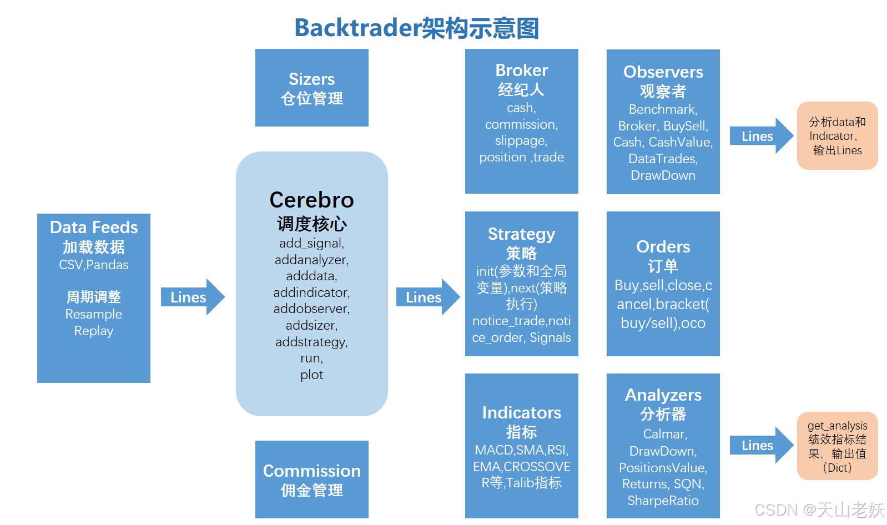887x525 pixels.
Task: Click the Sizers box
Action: coord(311,88)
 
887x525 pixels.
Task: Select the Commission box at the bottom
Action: coord(311,479)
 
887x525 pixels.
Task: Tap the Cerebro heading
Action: coord(311,200)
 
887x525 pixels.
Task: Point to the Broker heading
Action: coord(521,70)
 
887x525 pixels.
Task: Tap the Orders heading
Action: coord(663,246)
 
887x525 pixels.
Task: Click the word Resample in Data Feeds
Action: coord(93,314)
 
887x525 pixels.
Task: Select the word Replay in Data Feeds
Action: coord(93,331)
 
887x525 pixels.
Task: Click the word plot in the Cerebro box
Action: coord(311,375)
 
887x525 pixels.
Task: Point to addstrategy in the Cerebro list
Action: coord(311,342)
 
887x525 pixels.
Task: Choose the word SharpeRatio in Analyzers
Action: coord(663,501)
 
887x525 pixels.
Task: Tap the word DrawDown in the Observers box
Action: coord(663,175)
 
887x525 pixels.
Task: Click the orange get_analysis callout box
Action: coord(837,446)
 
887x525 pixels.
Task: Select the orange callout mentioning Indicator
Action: coord(837,136)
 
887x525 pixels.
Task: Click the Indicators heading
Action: coord(521,412)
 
